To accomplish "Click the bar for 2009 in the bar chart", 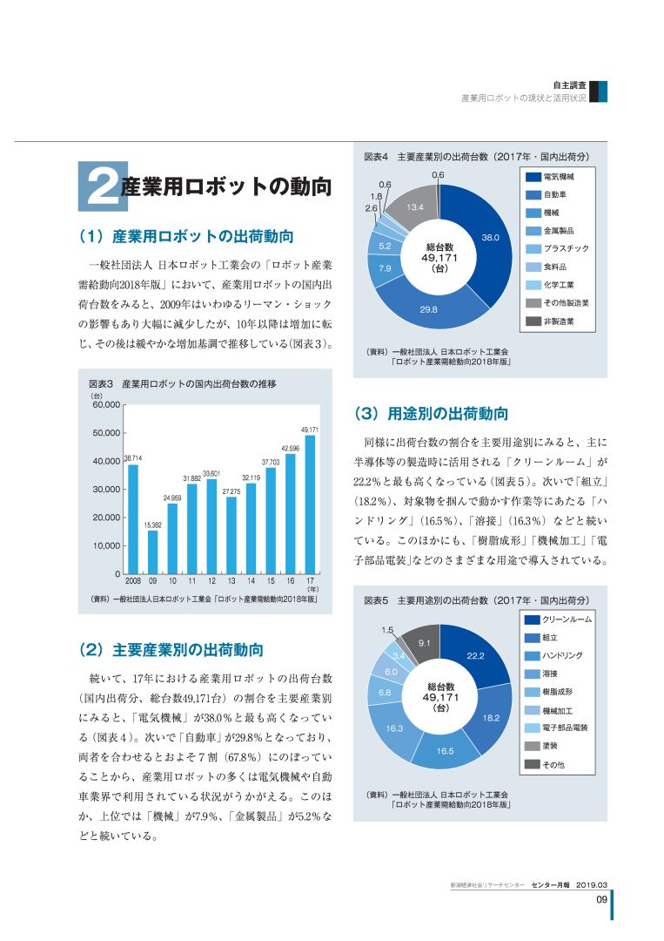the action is tap(153, 552).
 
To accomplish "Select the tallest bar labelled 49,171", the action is tap(310, 504).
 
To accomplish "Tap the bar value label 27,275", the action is tap(231, 491).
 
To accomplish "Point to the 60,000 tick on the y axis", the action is tap(106, 405).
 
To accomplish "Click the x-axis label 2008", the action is tap(132, 581).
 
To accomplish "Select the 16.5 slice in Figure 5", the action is tap(445, 751).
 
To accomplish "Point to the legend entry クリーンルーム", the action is tap(558, 619).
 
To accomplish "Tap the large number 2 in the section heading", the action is tap(103, 186).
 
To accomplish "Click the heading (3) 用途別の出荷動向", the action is tap(431, 414).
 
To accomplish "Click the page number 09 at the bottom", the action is tap(601, 899).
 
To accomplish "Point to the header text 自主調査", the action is tap(569, 85).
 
